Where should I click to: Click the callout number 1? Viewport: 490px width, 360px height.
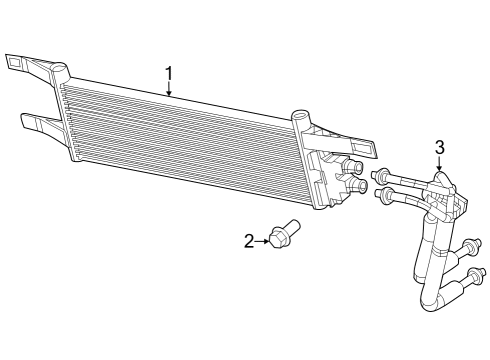click(x=169, y=72)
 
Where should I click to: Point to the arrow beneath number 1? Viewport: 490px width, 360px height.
click(x=169, y=91)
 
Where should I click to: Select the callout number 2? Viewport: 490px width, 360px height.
click(x=249, y=240)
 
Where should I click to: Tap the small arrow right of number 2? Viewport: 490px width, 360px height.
click(x=263, y=240)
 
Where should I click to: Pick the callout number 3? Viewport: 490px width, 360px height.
click(x=438, y=147)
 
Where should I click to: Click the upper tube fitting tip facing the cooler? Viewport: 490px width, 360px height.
click(x=382, y=173)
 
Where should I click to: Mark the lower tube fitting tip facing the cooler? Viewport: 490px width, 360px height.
click(x=381, y=194)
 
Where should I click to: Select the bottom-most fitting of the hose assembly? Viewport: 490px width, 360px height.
click(x=478, y=275)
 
